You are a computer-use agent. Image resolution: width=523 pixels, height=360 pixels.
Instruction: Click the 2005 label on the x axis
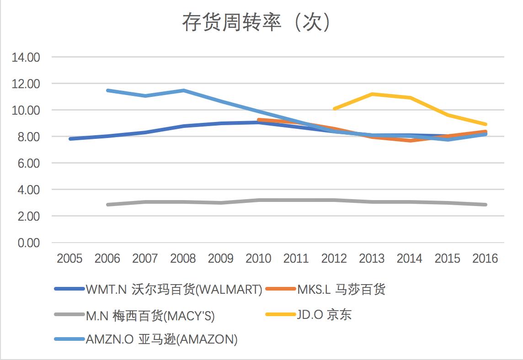coord(69,259)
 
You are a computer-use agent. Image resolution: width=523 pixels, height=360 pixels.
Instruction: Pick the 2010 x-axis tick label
coord(258,259)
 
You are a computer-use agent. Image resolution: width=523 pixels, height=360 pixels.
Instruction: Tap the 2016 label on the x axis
coord(485,259)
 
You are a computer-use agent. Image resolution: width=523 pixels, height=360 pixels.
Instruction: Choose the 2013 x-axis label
coord(372,259)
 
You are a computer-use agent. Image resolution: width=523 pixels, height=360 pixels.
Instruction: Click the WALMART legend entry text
coord(174,289)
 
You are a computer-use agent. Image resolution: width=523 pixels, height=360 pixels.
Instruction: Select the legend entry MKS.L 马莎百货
coord(341,289)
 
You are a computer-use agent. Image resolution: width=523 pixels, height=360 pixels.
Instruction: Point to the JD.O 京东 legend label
coord(324,315)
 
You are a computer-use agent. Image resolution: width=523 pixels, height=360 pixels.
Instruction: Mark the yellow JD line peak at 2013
coord(372,94)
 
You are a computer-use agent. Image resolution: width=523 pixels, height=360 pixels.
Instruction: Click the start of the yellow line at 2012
coord(335,109)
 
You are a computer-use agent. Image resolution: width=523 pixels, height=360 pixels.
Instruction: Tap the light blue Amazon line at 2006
coord(107,90)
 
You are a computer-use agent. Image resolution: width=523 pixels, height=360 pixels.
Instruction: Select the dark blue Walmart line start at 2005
coord(70,139)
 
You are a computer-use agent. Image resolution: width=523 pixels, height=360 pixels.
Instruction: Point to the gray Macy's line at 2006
coord(107,205)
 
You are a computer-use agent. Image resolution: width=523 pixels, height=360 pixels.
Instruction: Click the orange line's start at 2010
coord(259,120)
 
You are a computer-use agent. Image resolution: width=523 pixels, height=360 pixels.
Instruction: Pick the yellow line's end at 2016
coord(485,124)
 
